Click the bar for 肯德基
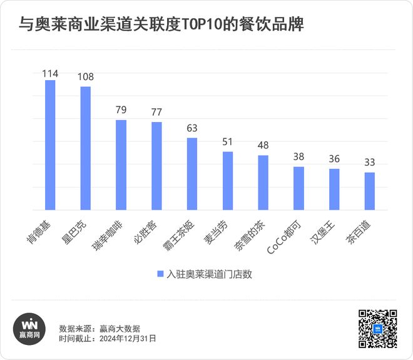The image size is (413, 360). (x=50, y=145)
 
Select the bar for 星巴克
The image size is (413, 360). (x=86, y=148)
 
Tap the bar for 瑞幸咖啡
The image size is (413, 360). (x=121, y=165)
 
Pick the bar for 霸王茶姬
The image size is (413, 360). (x=192, y=174)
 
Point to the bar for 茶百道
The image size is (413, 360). (x=370, y=191)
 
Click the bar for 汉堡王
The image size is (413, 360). (x=334, y=189)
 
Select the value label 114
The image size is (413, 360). (x=50, y=74)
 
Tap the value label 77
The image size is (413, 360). (x=156, y=113)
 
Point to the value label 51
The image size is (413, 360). (x=228, y=142)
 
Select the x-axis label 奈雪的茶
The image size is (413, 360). (x=253, y=234)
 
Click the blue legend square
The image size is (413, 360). (x=160, y=274)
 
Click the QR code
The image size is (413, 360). (x=377, y=329)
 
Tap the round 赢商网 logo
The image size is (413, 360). (x=30, y=328)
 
